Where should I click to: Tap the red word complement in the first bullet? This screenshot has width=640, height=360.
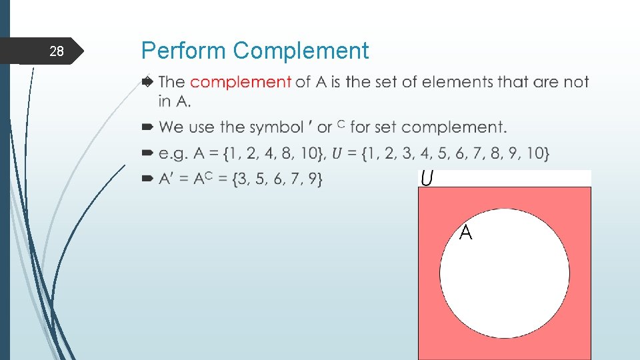[x=241, y=82]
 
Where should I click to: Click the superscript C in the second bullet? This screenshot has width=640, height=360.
[x=341, y=123]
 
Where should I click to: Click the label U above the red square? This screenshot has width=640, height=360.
[x=427, y=179]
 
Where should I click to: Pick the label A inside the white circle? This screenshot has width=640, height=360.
[x=466, y=233]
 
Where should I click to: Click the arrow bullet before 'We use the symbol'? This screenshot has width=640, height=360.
[x=147, y=127]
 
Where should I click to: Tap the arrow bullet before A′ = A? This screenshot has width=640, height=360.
[x=147, y=179]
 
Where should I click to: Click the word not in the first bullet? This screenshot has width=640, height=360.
[x=576, y=82]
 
